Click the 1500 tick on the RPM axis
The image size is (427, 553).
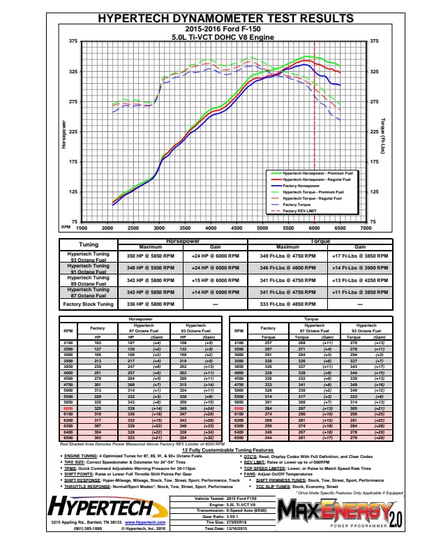point(81,228)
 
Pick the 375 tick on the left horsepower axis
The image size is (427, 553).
point(73,41)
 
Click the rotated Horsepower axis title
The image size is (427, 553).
point(64,134)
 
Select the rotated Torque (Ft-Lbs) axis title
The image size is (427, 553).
point(383,134)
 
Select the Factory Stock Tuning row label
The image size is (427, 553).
point(89,304)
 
